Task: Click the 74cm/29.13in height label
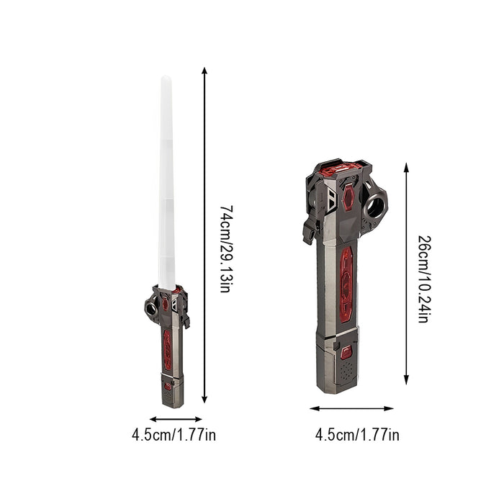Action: [226, 249]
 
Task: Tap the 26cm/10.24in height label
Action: [424, 279]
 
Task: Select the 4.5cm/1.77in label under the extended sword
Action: [174, 435]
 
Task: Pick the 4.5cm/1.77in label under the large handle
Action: [357, 435]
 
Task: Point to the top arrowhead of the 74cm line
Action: [204, 70]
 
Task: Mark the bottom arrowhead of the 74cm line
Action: [204, 400]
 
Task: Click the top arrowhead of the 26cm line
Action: [406, 166]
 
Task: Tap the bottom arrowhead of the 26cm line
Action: [406, 381]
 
